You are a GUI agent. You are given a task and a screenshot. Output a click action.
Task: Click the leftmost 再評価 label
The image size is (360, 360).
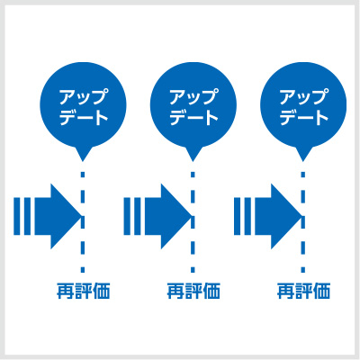[x=84, y=291]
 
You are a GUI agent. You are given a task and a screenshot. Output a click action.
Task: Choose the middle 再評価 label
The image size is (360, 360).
[x=193, y=291]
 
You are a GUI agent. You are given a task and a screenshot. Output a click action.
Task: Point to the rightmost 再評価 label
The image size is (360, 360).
[x=303, y=291]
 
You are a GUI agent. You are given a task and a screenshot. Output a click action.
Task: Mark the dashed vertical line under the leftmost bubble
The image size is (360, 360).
[x=83, y=222]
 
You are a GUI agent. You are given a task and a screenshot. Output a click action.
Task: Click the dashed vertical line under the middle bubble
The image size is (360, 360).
[x=193, y=222]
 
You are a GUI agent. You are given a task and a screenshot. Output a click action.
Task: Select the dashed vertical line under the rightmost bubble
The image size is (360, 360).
[x=303, y=222]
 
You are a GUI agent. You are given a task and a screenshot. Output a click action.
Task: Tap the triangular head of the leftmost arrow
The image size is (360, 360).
[x=63, y=216]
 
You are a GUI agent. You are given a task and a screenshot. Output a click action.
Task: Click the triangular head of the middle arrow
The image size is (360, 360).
[x=174, y=216]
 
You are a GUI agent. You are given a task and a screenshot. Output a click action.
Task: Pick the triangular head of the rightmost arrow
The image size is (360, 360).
[x=283, y=216]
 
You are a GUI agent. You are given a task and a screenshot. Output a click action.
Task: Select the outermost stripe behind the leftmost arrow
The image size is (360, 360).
[x=17, y=216]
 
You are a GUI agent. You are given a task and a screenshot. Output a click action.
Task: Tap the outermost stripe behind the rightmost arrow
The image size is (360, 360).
[x=237, y=216]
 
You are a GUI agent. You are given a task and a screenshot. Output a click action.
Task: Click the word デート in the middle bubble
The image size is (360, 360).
[x=193, y=118]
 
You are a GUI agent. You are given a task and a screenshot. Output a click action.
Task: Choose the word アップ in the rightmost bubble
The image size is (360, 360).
[x=302, y=96]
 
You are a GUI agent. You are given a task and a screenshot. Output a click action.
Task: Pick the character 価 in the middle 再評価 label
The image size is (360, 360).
[x=211, y=291]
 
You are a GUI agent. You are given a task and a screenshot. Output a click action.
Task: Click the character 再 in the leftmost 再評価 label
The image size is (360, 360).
[x=65, y=291]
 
